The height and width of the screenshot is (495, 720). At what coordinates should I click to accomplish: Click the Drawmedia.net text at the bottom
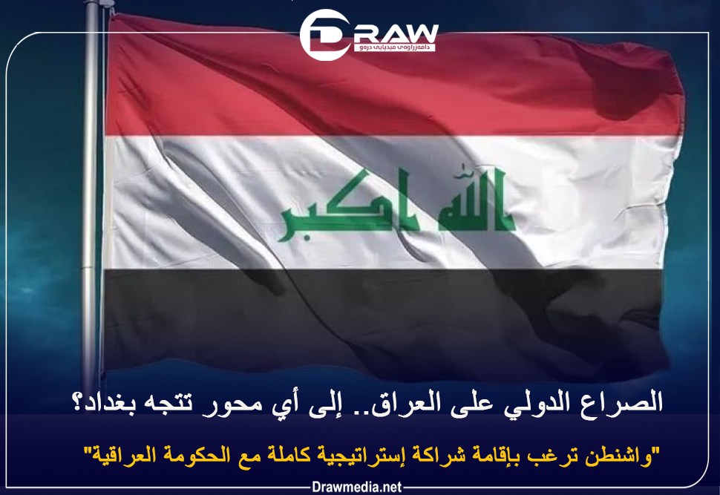[357, 487]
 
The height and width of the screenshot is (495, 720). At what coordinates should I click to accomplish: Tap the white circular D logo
[324, 35]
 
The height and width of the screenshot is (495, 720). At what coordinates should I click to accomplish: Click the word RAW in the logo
[396, 33]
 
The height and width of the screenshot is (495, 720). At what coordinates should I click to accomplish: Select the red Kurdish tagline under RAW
[394, 47]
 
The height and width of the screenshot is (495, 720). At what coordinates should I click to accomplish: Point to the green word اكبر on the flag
[348, 206]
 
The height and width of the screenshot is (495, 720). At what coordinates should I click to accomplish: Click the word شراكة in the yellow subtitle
[437, 455]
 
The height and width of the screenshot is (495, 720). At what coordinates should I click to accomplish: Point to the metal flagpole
[91, 193]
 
